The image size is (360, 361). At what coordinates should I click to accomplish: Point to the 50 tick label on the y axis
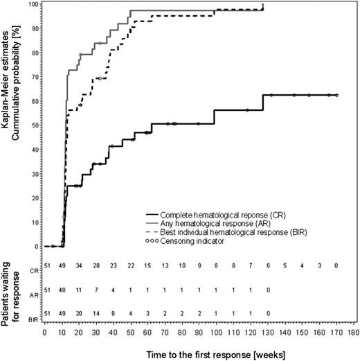click(32, 126)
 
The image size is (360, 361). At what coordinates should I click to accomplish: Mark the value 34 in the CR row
click(80, 265)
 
